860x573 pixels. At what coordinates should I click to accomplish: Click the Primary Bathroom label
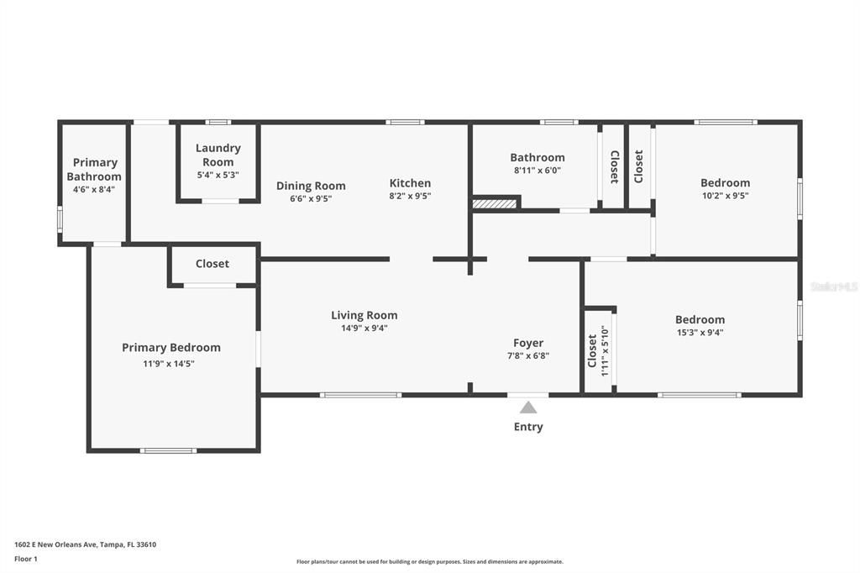tap(94, 170)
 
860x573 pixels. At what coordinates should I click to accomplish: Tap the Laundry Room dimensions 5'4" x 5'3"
tap(218, 175)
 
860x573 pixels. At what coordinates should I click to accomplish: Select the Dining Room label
tap(311, 186)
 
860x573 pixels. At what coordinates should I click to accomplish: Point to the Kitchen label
tap(410, 183)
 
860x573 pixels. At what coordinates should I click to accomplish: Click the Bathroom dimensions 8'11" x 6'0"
tap(537, 170)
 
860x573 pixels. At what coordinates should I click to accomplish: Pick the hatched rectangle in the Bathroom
tap(496, 202)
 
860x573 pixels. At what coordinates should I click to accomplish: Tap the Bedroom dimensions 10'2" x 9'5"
tap(726, 195)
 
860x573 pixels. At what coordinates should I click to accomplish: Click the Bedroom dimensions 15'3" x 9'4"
tap(700, 332)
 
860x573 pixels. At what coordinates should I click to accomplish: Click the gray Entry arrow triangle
tap(528, 407)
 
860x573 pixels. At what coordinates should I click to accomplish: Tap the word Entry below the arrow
tap(528, 427)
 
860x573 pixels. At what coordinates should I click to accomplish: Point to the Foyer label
tap(528, 343)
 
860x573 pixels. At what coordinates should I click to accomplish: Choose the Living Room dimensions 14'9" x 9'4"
tap(364, 328)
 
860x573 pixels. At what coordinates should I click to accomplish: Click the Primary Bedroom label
tap(171, 348)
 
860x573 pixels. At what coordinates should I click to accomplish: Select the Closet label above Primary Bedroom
tap(212, 264)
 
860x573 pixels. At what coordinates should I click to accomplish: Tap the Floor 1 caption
tap(25, 558)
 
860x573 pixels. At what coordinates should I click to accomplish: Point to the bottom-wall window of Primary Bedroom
tap(168, 450)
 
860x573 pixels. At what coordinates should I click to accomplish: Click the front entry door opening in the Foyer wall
tap(528, 394)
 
